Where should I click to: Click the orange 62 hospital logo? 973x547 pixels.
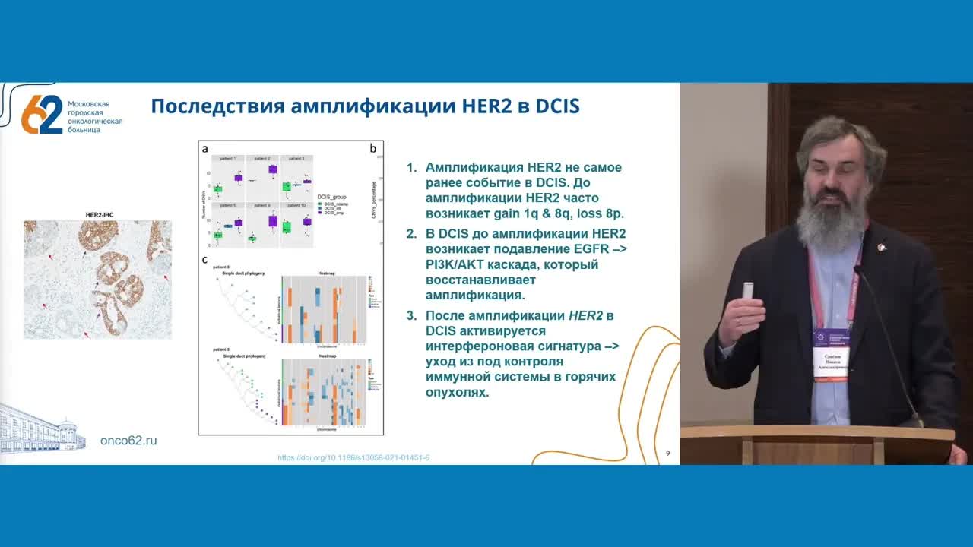click(42, 114)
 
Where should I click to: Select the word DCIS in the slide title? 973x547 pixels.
click(557, 106)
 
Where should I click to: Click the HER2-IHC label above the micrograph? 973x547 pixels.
click(99, 216)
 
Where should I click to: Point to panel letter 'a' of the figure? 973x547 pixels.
click(205, 149)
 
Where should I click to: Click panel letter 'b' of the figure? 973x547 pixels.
click(373, 149)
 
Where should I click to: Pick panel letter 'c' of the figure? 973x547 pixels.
click(204, 260)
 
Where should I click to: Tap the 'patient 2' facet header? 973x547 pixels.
click(261, 158)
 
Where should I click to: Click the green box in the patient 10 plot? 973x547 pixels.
click(287, 226)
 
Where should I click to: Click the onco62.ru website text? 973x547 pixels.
click(128, 441)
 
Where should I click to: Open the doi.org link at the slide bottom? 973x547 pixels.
click(353, 457)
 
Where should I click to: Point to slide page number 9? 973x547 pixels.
click(667, 454)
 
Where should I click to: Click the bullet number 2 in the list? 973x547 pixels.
click(411, 233)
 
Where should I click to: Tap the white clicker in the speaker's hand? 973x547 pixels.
click(748, 292)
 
